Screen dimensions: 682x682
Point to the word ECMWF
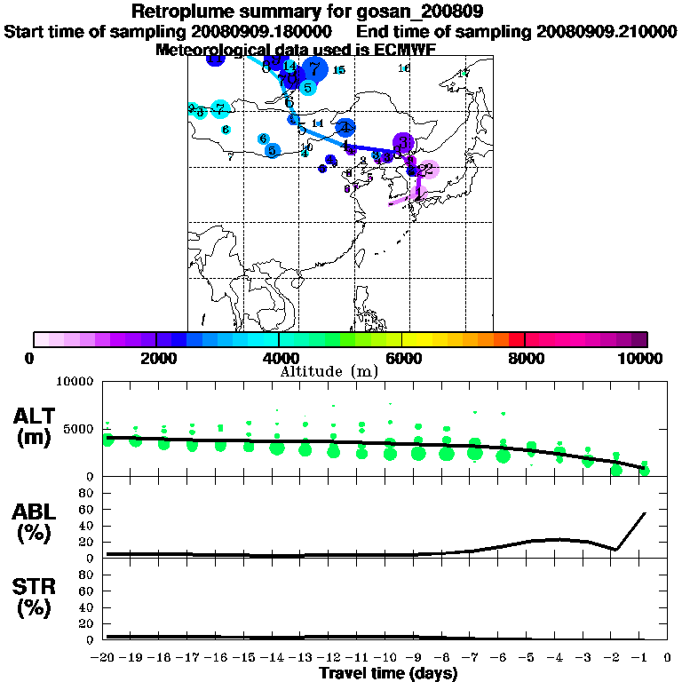(x=399, y=50)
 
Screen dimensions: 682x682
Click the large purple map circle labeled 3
(x=404, y=142)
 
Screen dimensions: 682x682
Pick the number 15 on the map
(x=338, y=69)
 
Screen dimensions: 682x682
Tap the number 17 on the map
(x=463, y=73)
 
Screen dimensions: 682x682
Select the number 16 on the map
(x=404, y=68)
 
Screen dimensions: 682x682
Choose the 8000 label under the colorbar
(x=525, y=358)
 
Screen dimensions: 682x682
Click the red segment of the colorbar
(x=516, y=339)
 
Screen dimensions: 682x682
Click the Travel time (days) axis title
(x=389, y=673)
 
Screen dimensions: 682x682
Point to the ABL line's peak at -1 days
(x=644, y=513)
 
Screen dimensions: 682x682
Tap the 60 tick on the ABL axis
(x=89, y=509)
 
